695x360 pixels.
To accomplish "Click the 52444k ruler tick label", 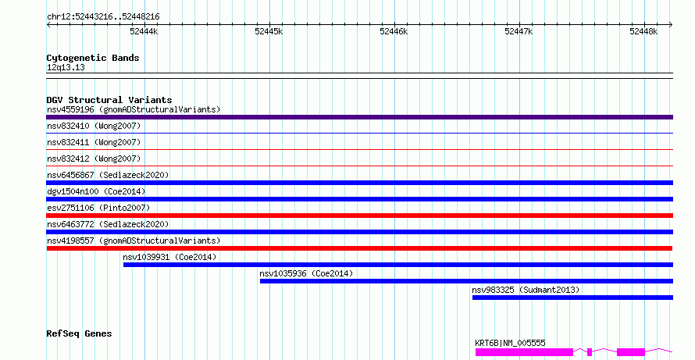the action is [x=144, y=31].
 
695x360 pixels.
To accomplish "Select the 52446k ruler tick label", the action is [x=394, y=31].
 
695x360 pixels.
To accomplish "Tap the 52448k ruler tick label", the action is [x=643, y=31].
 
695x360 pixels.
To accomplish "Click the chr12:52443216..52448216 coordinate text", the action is [x=103, y=17].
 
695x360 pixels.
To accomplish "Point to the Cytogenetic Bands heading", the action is [x=93, y=58].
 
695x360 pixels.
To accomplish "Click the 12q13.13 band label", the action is [x=66, y=68].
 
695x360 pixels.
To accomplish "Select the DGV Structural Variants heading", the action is [x=109, y=100].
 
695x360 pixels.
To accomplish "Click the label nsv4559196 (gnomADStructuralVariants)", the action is [x=134, y=109].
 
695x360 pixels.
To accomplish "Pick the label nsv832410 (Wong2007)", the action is [x=94, y=126].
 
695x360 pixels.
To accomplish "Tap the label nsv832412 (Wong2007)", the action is [x=94, y=159].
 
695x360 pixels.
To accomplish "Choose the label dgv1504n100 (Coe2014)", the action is [x=96, y=191].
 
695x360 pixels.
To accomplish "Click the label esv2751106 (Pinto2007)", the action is [x=98, y=208].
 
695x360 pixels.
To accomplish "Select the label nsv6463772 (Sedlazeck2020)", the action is [x=108, y=224].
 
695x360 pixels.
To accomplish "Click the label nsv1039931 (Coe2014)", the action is [x=169, y=257].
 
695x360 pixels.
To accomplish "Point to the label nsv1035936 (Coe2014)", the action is [x=306, y=273].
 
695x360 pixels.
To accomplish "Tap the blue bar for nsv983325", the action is [x=572, y=298].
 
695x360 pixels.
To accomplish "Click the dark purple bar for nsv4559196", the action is [x=359, y=117].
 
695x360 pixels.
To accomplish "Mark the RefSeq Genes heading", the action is [x=79, y=333].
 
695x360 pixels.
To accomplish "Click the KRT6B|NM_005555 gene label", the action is [x=510, y=343].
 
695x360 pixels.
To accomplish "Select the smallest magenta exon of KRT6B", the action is [x=590, y=352].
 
